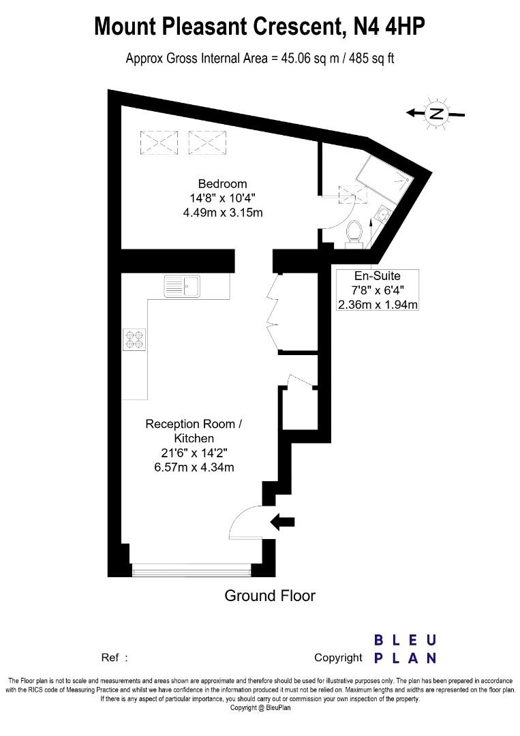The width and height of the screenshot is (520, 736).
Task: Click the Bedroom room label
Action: [222, 184]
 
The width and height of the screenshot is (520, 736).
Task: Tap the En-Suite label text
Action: [377, 276]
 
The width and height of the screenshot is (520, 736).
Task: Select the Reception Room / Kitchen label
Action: [194, 431]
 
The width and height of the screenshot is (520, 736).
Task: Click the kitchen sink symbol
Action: [182, 286]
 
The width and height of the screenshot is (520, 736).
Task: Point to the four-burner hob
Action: [135, 339]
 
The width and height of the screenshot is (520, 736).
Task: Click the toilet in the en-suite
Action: [354, 230]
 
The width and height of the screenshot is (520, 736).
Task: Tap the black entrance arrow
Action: [283, 522]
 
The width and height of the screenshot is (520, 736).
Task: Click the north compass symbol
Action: [436, 113]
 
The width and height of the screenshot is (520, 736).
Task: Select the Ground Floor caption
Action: [270, 596]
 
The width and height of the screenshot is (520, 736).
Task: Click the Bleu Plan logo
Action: [405, 649]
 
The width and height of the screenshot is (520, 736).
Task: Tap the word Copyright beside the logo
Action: [338, 658]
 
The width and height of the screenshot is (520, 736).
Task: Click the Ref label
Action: [110, 658]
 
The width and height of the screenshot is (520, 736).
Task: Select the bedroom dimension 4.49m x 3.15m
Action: [223, 213]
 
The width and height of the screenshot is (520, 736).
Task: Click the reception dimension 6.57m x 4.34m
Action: [194, 467]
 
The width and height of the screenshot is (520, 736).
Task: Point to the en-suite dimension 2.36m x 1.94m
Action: [378, 305]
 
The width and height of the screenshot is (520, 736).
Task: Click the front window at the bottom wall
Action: [192, 569]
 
